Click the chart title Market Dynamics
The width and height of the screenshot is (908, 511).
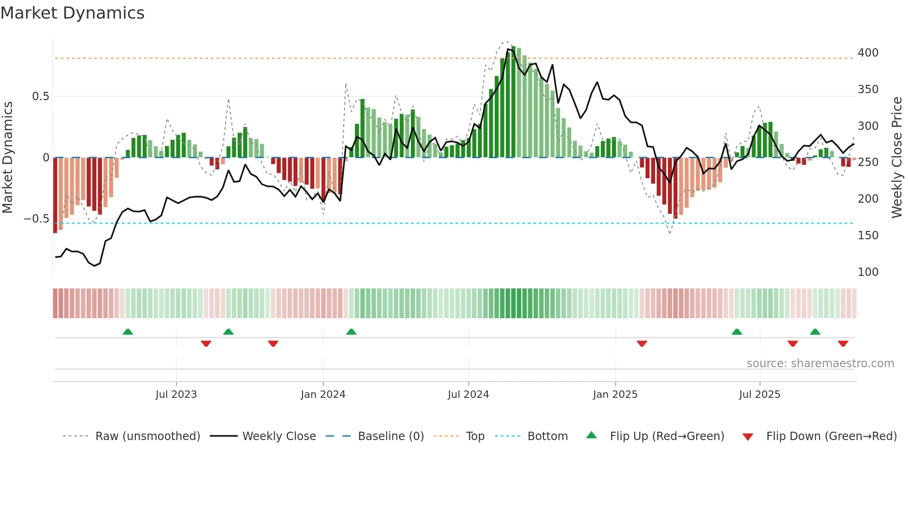[x=72, y=13]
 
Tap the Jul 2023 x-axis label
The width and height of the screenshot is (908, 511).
[x=176, y=395]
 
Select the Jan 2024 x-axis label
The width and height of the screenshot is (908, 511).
[x=323, y=395]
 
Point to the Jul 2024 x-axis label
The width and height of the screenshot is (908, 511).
[x=468, y=395]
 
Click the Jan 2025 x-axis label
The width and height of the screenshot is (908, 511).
[x=615, y=395]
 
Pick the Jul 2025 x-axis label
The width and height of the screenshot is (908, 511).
[x=759, y=395]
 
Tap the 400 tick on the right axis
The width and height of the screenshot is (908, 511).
[x=868, y=53]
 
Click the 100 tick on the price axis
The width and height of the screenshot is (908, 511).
[x=868, y=272]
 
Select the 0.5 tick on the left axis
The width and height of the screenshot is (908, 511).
[x=40, y=96]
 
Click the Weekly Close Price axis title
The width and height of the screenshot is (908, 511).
[x=897, y=158]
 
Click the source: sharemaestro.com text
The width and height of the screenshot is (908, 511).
[x=820, y=364]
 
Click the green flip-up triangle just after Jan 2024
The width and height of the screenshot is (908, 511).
[x=351, y=332]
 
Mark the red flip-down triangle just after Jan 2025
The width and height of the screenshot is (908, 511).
[x=642, y=344]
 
